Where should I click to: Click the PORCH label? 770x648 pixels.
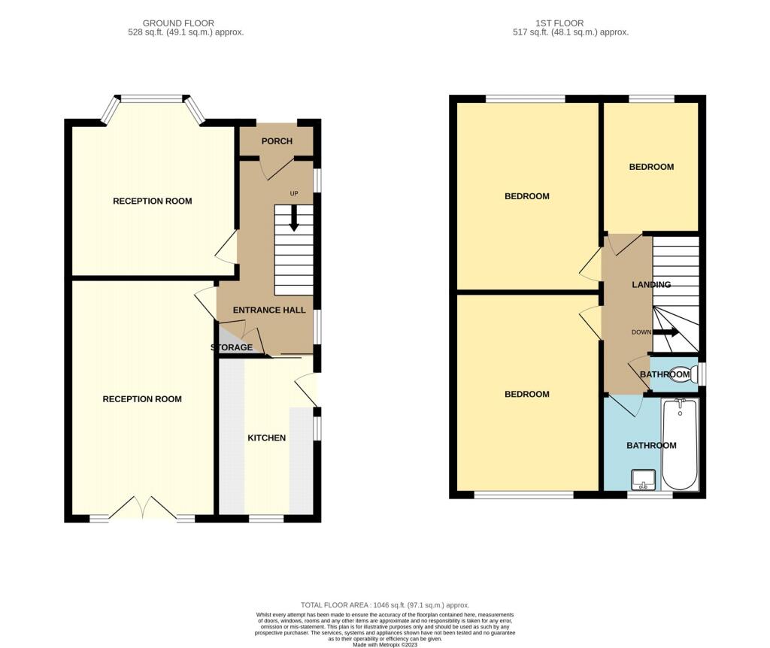point(277,141)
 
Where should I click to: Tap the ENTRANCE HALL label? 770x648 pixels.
point(269,310)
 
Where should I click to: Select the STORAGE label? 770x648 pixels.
point(232,347)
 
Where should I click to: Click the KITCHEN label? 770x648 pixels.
point(267,438)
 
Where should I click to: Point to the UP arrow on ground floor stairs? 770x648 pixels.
point(294,218)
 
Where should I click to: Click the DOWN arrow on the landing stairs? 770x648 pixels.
point(666,332)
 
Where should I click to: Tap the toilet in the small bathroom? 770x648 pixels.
point(684,374)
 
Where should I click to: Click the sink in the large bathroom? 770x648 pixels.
point(644,480)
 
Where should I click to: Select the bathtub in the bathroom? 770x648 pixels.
point(680,445)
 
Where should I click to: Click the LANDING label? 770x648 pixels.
point(651,285)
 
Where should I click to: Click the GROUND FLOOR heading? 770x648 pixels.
point(178,23)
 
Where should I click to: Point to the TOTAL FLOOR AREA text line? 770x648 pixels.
point(385,605)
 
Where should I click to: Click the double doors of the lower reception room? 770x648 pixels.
point(142,507)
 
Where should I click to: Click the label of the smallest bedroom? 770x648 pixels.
point(651,167)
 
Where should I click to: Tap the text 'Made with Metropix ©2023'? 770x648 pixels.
point(385,644)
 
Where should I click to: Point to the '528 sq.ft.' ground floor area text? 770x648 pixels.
point(146,32)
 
